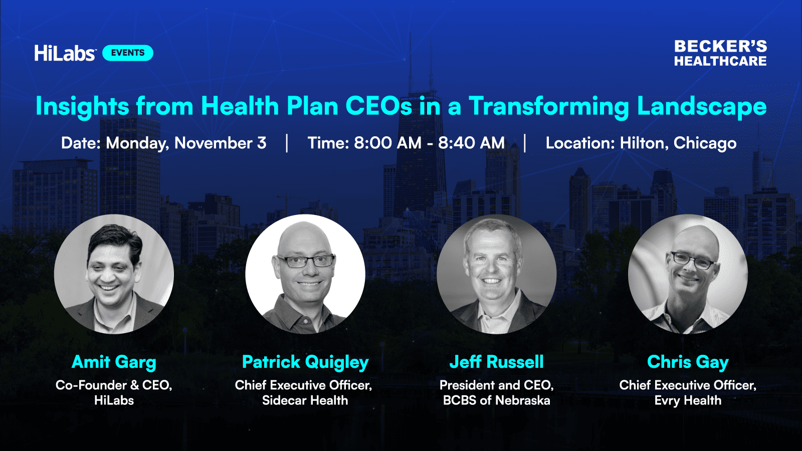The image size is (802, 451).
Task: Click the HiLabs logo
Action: tap(65, 53)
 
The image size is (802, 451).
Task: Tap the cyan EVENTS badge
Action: tap(128, 53)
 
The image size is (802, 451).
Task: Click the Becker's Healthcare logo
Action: tap(720, 53)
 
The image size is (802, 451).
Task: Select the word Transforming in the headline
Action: tap(549, 107)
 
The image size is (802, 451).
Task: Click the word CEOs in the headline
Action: tap(379, 106)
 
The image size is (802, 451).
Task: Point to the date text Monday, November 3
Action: tap(186, 143)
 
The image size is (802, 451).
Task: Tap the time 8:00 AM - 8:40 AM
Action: tap(429, 143)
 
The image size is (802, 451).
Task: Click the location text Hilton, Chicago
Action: tap(678, 143)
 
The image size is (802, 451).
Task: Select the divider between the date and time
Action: tap(287, 143)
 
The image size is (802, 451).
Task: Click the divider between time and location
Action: tap(525, 143)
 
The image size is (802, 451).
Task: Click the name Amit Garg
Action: tap(114, 362)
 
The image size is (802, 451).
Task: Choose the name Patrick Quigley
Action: tap(305, 362)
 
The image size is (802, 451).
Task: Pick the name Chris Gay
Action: tap(688, 362)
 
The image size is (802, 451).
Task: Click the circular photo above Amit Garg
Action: tap(114, 274)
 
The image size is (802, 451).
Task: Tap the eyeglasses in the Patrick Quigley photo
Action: tap(306, 261)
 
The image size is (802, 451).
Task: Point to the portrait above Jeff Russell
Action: tap(497, 274)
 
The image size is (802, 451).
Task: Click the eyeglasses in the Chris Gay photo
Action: tap(692, 261)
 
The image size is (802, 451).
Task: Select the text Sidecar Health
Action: tap(305, 400)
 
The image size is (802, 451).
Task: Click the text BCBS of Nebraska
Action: tap(497, 400)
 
